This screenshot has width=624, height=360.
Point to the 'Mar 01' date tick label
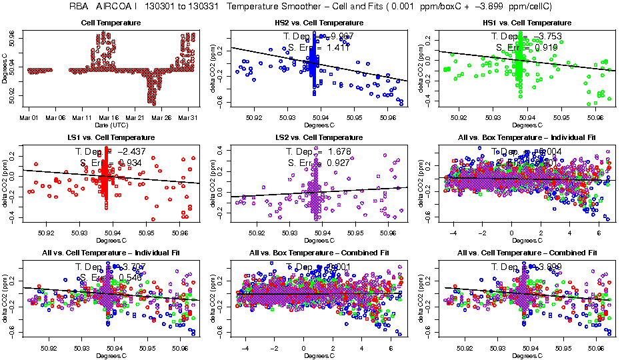(x=28, y=117)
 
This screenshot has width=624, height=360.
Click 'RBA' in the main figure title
(x=79, y=6)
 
